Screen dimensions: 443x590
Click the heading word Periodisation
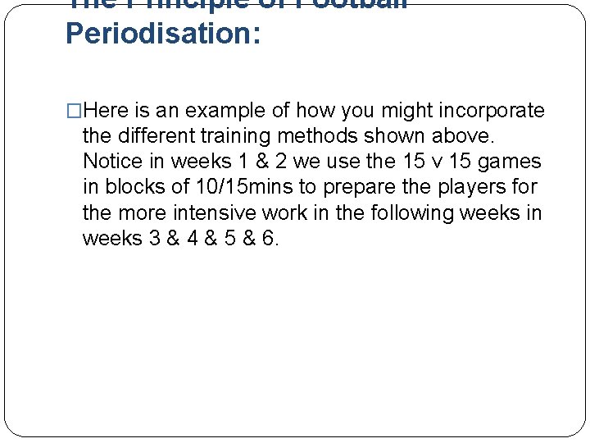tap(162, 34)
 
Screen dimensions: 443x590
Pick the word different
tap(157, 136)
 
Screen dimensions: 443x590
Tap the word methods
tap(334, 136)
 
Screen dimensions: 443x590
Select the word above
tap(466, 136)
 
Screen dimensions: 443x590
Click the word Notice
tap(113, 162)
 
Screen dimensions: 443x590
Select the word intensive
tap(216, 212)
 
